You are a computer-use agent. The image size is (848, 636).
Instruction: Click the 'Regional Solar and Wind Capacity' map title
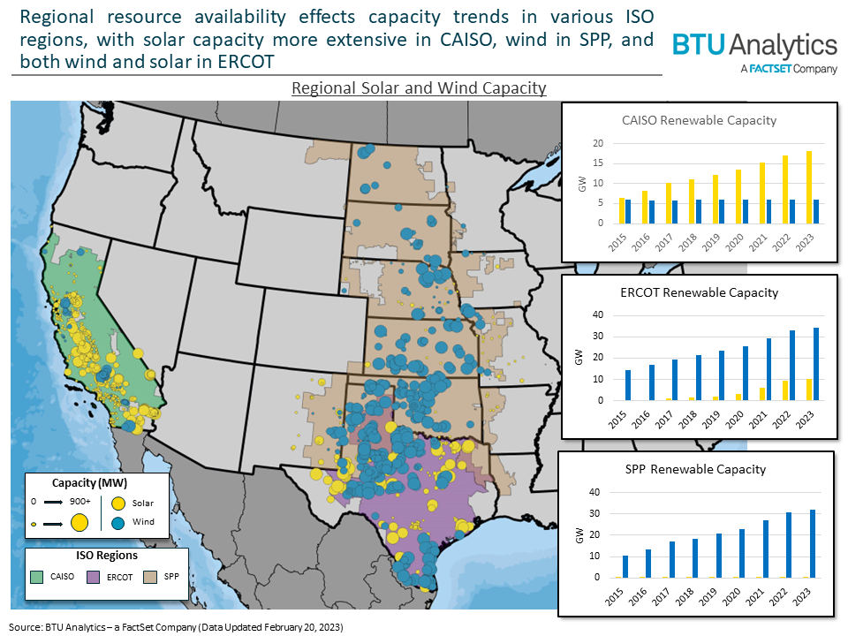[419, 88]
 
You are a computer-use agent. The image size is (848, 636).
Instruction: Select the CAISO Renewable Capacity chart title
[699, 121]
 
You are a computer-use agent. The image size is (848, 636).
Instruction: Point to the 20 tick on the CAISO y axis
[598, 144]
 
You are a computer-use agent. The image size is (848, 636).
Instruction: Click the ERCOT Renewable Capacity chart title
[699, 292]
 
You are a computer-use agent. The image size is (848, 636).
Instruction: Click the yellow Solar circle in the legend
[117, 503]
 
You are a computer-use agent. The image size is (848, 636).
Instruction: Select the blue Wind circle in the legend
[117, 522]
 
